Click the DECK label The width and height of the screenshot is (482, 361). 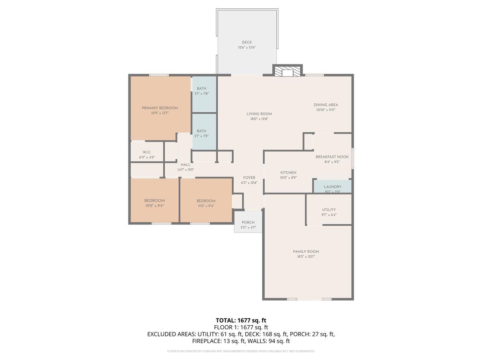click(x=247, y=42)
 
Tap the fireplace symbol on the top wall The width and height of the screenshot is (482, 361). click(x=288, y=71)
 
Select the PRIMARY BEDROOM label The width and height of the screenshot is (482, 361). click(x=160, y=108)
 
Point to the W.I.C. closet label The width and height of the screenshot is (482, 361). click(x=146, y=152)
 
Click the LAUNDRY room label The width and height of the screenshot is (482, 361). click(x=333, y=187)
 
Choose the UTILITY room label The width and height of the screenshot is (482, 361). click(x=329, y=210)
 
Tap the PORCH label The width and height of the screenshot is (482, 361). click(x=248, y=223)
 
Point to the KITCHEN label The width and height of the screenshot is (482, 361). click(x=288, y=172)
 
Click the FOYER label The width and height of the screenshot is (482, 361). click(x=249, y=177)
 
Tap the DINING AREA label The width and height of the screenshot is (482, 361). click(x=326, y=105)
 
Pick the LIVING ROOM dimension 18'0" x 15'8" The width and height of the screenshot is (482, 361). click(x=259, y=119)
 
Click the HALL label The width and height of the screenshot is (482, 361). click(x=186, y=164)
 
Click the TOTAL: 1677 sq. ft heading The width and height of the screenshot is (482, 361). click(x=241, y=320)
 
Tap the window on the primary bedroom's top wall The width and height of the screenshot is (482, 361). click(x=159, y=75)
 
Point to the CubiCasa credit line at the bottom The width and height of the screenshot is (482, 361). click(x=241, y=351)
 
